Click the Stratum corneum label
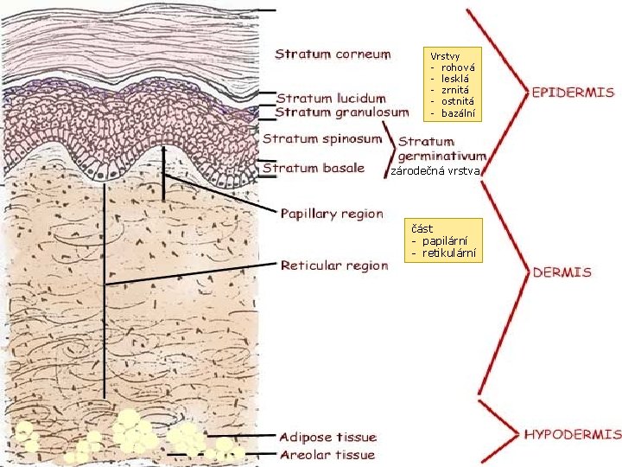[x=333, y=54]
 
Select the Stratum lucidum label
[x=331, y=98]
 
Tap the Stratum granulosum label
[x=342, y=112]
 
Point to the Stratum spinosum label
[x=322, y=138]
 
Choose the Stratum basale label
[x=314, y=168]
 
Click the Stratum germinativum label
[x=441, y=148]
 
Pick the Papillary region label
[x=332, y=214]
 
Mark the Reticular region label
[x=334, y=265]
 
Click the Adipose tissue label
[x=327, y=437]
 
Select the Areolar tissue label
[x=327, y=454]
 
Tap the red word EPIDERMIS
[x=573, y=92]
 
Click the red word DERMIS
[x=562, y=272]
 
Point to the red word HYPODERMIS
[x=572, y=433]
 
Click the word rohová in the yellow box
[x=458, y=66]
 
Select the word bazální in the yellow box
[x=458, y=113]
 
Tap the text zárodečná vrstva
[x=435, y=172]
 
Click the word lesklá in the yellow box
[x=455, y=78]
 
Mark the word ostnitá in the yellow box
[x=457, y=101]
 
